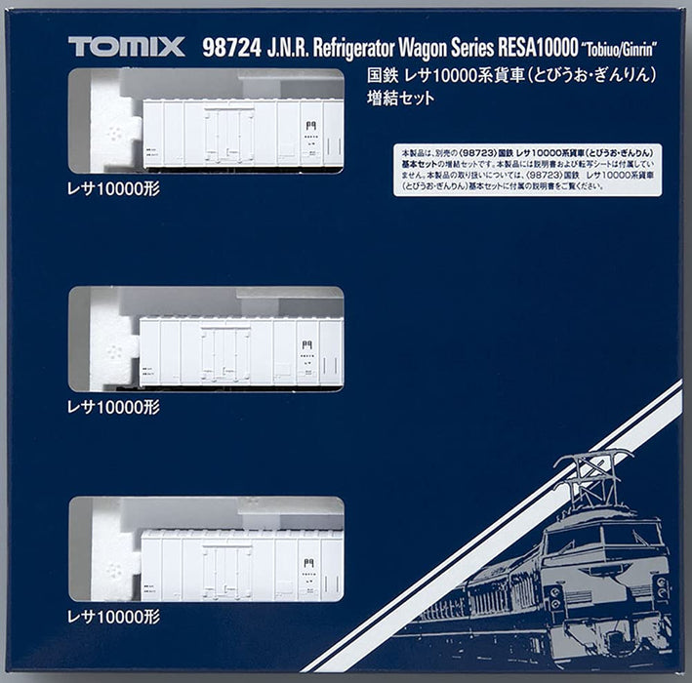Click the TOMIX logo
pyautogui.click(x=126, y=46)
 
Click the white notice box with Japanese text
pyautogui.click(x=527, y=170)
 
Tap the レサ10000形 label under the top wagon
pyautogui.click(x=113, y=189)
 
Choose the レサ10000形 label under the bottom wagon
pyautogui.click(x=113, y=616)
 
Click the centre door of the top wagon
pyautogui.click(x=227, y=137)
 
